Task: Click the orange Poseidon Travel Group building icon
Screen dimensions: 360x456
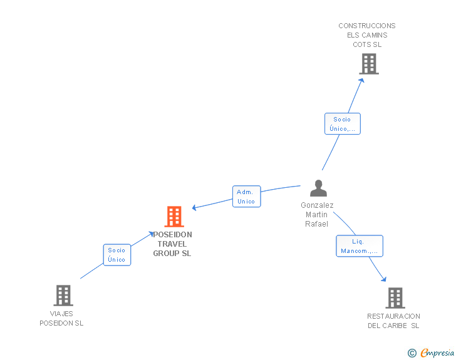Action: click(174, 217)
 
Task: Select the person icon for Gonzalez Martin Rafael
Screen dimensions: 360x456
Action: click(319, 188)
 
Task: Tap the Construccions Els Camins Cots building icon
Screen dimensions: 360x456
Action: click(369, 64)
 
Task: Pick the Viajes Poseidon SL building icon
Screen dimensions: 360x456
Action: click(63, 296)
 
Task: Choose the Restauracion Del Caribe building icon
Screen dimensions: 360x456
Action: click(395, 298)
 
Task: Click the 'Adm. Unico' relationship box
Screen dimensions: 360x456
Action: click(246, 197)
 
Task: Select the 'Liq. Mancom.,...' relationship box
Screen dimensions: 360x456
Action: click(359, 246)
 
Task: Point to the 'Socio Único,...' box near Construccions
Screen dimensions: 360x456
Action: click(343, 124)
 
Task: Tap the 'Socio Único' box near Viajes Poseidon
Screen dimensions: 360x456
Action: click(117, 255)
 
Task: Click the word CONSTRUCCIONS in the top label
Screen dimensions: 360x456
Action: click(367, 26)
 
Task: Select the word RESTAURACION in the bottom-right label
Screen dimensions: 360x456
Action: click(393, 316)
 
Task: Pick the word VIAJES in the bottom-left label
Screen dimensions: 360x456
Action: click(61, 314)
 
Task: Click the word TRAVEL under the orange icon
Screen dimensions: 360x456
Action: click(172, 244)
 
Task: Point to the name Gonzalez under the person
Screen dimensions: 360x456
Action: click(317, 205)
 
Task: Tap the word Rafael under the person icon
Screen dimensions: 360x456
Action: click(317, 224)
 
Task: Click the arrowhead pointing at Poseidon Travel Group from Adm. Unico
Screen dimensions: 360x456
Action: click(195, 208)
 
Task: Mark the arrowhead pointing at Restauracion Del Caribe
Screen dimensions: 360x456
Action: click(383, 279)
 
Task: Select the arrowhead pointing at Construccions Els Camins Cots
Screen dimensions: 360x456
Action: click(363, 80)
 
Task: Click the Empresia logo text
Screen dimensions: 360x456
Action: click(437, 353)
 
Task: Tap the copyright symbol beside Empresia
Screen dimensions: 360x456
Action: click(412, 353)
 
